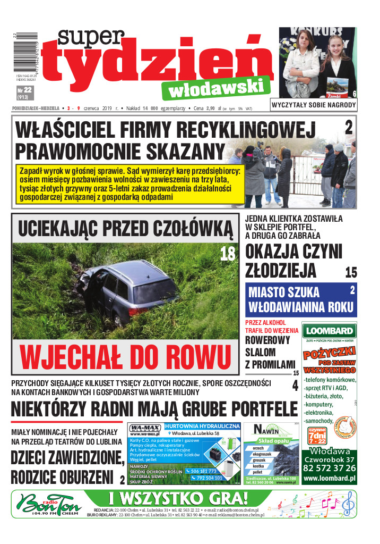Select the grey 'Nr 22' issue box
24,93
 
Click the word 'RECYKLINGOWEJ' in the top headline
244,130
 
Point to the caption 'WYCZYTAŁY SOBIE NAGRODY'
313,105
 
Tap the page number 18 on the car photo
228,254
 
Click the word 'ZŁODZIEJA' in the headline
281,270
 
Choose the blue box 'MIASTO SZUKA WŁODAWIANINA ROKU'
301,299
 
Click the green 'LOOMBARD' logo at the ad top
329,331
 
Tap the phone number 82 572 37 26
329,468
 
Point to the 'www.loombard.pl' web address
329,479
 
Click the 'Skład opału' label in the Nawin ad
273,441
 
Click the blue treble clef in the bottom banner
347,502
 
